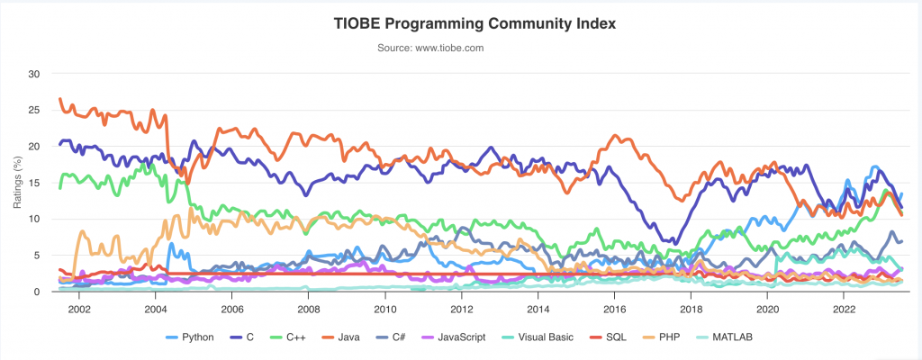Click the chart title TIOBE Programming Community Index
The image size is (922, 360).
click(461, 24)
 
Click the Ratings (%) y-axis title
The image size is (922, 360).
click(17, 183)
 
